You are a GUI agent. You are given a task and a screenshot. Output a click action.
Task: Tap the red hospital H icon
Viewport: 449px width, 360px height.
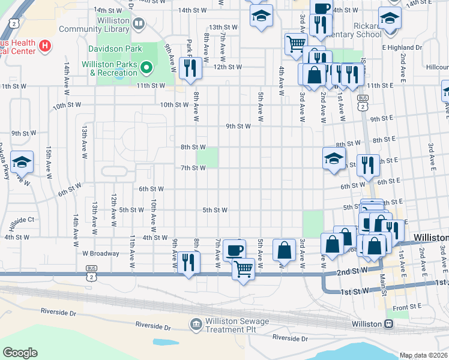[44, 45]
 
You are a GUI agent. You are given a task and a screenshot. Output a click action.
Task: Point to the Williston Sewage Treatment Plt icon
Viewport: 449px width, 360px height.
[196, 325]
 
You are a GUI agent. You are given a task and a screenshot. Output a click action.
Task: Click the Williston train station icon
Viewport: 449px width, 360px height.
[389, 324]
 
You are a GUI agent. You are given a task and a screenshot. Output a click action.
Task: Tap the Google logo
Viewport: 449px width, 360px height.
[20, 353]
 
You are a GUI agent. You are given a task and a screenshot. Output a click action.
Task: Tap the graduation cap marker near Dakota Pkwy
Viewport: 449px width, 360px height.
[22, 163]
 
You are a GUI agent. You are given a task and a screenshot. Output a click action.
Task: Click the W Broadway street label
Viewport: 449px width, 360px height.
[101, 253]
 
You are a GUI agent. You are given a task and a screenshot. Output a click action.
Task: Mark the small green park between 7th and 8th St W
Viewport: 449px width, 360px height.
[207, 158]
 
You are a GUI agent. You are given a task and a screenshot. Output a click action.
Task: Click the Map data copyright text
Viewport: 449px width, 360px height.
[423, 355]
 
